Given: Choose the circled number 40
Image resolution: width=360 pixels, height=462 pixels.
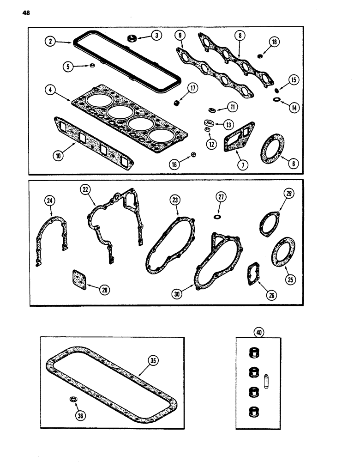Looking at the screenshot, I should (x=258, y=332).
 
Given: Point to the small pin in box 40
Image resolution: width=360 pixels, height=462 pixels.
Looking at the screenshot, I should (x=266, y=383).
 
